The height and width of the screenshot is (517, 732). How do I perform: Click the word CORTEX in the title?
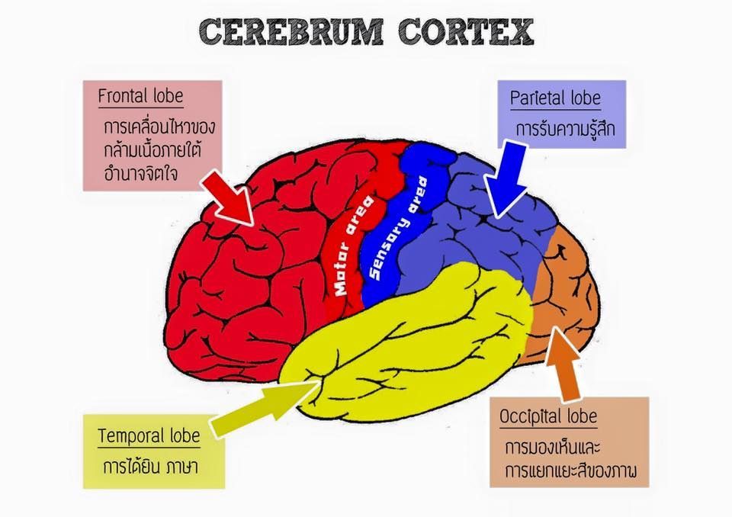pos(466,32)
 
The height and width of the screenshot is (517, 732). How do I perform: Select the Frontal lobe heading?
pos(140,96)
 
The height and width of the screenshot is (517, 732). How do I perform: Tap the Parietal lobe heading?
pos(555,98)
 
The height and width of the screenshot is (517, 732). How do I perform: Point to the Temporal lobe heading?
pos(149,435)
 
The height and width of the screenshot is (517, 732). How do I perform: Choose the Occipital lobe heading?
pos(548,416)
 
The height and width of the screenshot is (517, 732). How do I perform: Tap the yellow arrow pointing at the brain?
pos(266,408)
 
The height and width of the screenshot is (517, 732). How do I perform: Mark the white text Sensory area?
pos(398,228)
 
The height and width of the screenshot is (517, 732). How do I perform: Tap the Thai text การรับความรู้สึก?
pos(565,128)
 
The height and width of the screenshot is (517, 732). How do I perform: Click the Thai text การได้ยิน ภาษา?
pos(150,466)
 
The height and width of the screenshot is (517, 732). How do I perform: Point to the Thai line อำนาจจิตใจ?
pos(141,173)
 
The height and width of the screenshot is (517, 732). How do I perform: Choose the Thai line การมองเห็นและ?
pos(552,448)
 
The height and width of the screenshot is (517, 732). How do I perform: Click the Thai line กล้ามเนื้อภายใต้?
pos(152,149)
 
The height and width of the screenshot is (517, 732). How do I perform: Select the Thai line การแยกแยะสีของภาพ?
pos(570,470)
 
